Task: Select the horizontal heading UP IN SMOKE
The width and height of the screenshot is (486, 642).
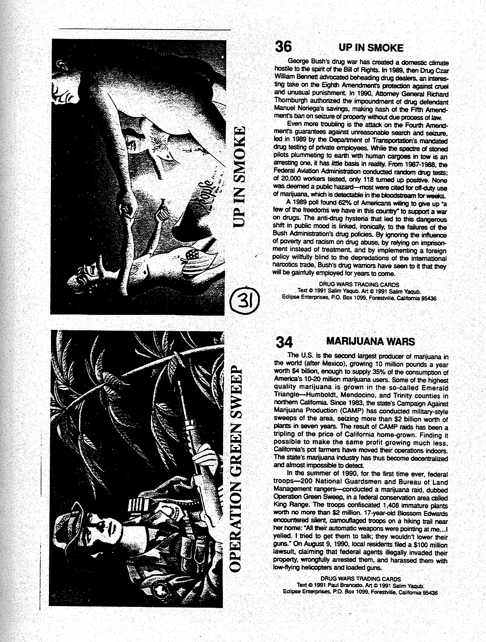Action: pos(371,48)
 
